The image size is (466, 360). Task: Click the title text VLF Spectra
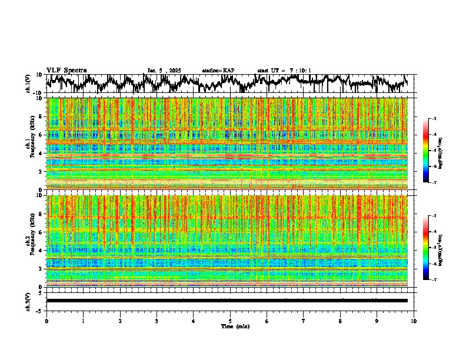point(66,70)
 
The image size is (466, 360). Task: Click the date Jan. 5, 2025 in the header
point(164,71)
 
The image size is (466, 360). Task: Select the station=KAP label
point(218,71)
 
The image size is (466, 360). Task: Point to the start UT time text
point(284,71)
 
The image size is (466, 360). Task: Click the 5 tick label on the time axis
point(230,321)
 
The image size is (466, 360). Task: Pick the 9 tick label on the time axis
point(377,321)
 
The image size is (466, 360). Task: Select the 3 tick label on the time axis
point(157,321)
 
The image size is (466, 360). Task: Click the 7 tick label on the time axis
point(304,321)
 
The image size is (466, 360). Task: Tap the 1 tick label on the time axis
point(83,321)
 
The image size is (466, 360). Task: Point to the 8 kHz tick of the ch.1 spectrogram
point(40,116)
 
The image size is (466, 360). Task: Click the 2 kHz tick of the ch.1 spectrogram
point(40,172)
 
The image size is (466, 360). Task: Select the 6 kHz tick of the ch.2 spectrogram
point(40,232)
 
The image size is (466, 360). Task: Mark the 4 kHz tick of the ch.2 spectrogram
point(40,251)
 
